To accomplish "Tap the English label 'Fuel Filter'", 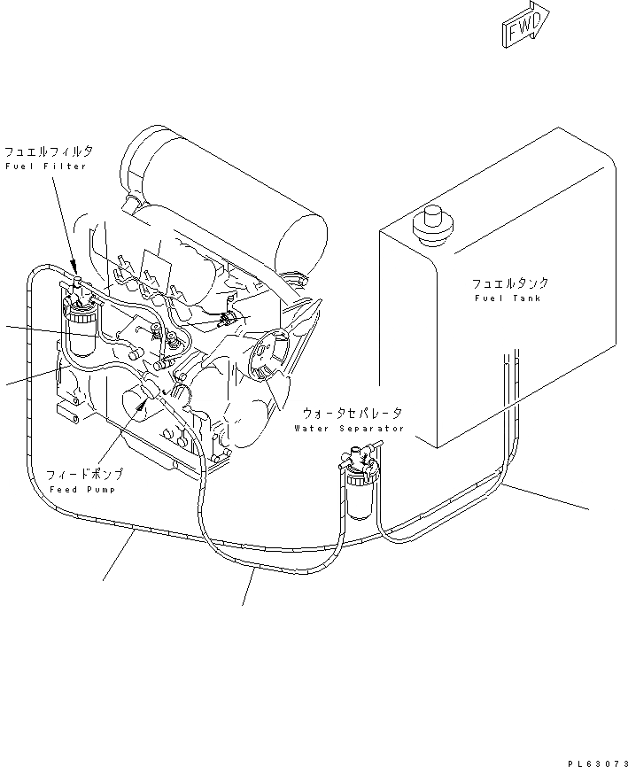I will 46,167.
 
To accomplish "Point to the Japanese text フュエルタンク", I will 509,283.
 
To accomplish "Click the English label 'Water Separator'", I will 349,429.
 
